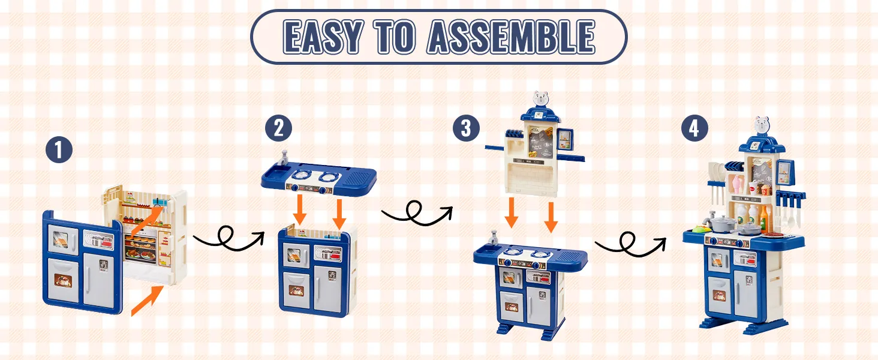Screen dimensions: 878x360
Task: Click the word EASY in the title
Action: coord(323,37)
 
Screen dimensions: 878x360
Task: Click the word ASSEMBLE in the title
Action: coord(511,37)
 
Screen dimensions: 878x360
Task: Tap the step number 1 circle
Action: coord(59,150)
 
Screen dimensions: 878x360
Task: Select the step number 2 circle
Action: coord(278,128)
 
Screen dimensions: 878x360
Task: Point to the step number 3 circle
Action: coord(466,128)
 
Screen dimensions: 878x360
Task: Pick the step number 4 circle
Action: coord(694,128)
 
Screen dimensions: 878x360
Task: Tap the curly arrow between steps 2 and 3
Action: coord(417,214)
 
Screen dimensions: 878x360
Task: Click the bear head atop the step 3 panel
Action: coord(540,98)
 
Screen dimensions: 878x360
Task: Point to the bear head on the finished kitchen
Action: coord(762,125)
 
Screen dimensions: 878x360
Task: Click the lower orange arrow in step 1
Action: coord(147,301)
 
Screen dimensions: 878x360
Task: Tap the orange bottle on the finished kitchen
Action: coord(764,218)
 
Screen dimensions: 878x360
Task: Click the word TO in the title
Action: coord(395,37)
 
